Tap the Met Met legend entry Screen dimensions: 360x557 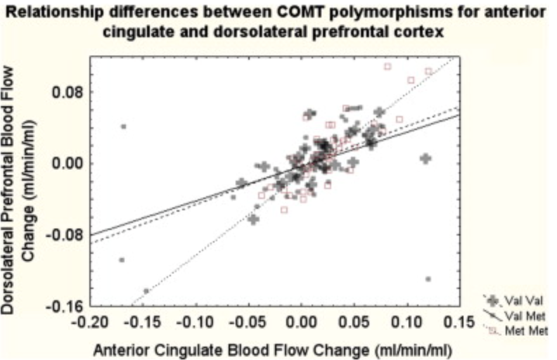511,328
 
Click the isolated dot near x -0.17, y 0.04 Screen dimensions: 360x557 124,127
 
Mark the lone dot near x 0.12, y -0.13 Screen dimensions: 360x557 428,279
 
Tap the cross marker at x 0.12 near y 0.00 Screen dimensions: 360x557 425,159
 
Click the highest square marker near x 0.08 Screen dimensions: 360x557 388,67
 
